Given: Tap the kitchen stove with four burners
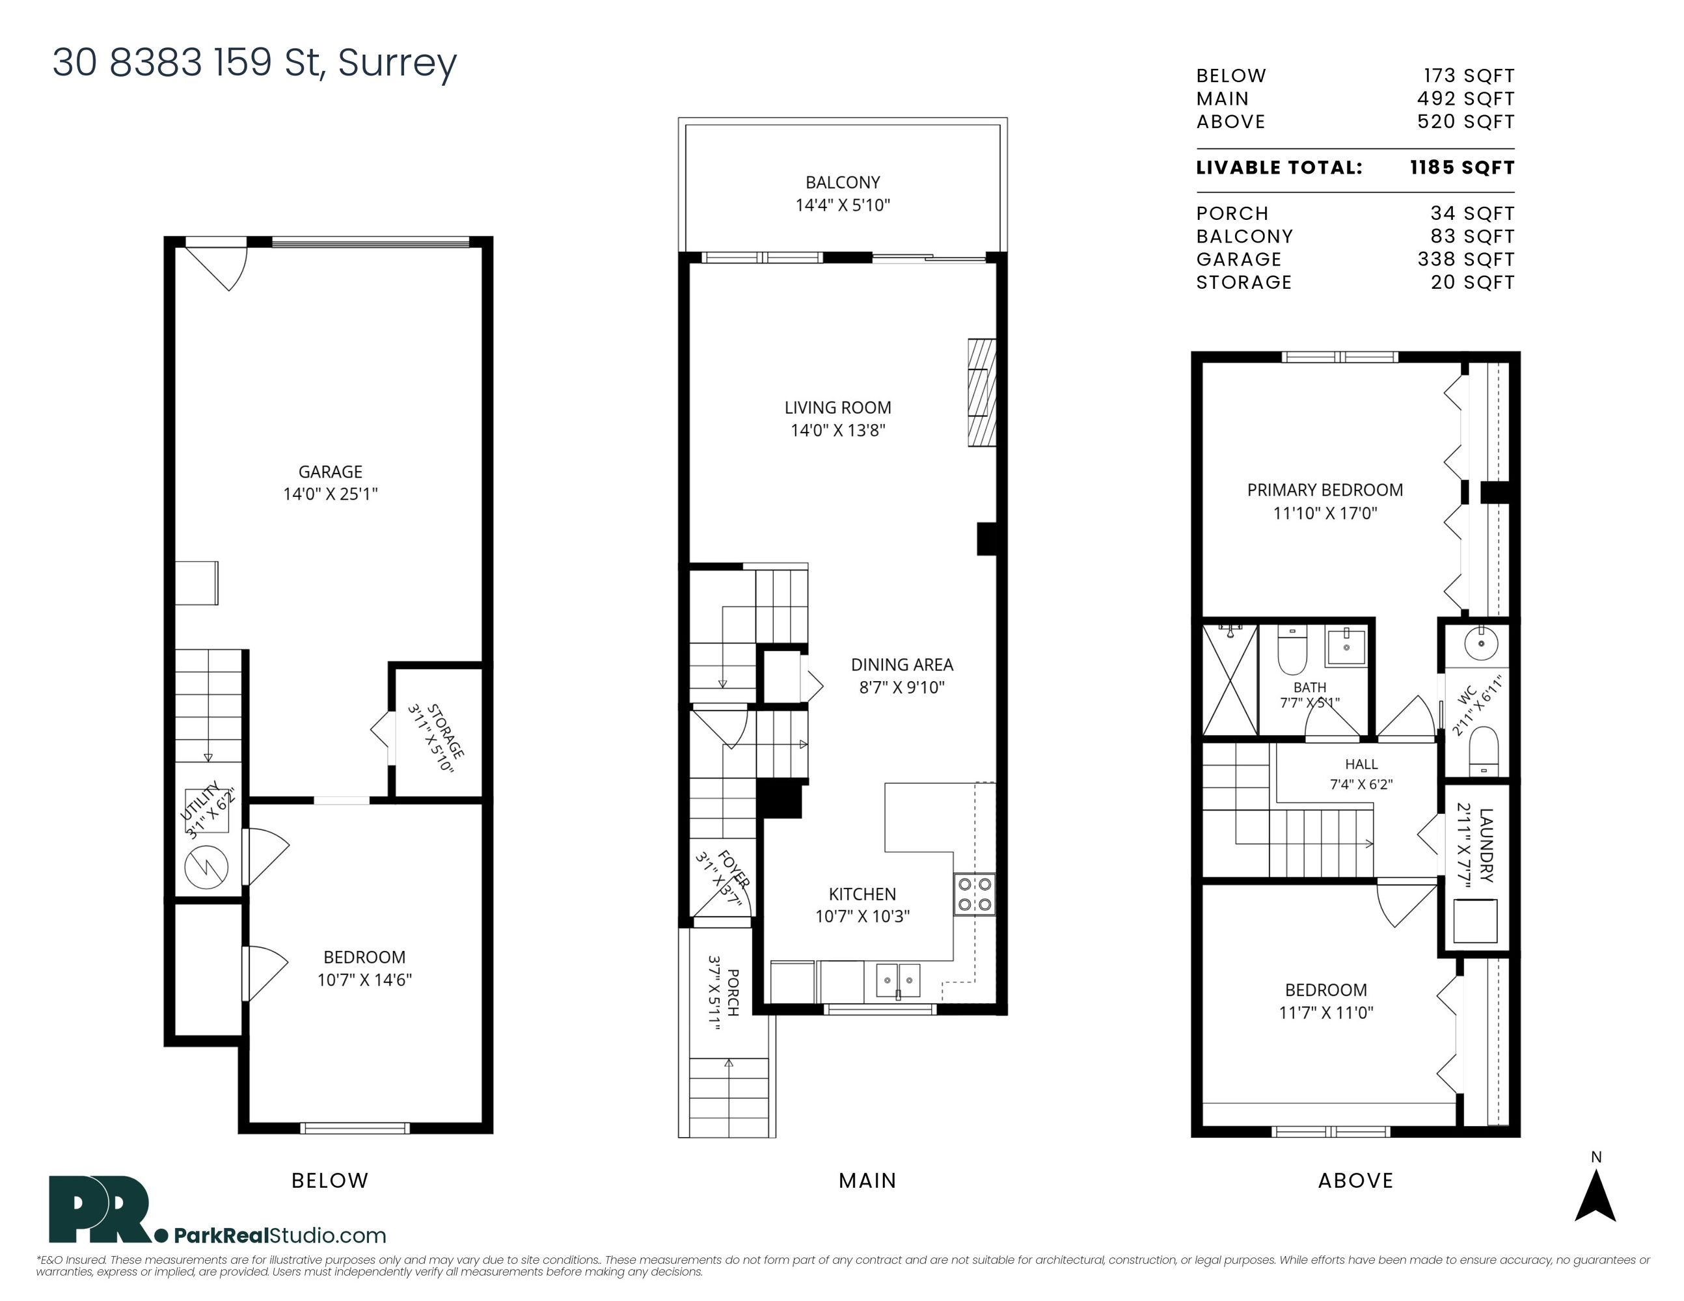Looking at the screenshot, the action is (x=975, y=894).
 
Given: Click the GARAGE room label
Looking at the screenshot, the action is (x=330, y=472).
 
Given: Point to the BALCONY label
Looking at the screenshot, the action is (x=843, y=183).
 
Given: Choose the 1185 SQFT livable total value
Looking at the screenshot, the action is (x=1462, y=168).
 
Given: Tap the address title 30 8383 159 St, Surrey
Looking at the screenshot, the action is (x=254, y=63).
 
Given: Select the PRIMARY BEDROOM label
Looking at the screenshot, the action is (x=1325, y=490).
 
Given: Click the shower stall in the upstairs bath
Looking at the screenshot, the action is (x=1230, y=680).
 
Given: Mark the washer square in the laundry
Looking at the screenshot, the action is (x=1475, y=921).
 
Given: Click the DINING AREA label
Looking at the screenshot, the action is (x=902, y=664).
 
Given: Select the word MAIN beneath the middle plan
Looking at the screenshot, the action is (x=867, y=1181).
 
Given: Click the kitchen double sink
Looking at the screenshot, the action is (x=897, y=980).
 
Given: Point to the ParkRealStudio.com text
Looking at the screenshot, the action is (x=280, y=1235).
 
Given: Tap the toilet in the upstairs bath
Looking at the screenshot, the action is (x=1292, y=650).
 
